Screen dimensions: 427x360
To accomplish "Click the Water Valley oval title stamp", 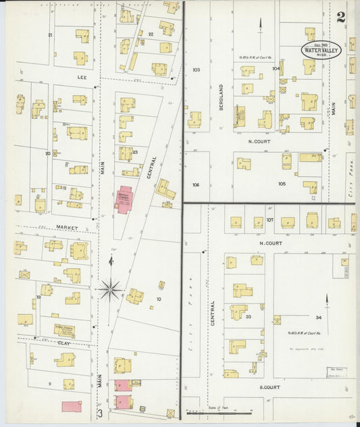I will [x=321, y=49].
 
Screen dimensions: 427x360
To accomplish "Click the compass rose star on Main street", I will [x=110, y=290].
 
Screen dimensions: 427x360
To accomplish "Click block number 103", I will [x=197, y=70].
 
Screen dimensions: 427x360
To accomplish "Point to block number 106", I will [x=196, y=184].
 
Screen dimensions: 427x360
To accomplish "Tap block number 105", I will [x=281, y=184].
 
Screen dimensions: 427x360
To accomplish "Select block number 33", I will [x=249, y=316].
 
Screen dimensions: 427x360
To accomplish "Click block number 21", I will [x=50, y=34].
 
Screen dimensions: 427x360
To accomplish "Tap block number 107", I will [x=269, y=220].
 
